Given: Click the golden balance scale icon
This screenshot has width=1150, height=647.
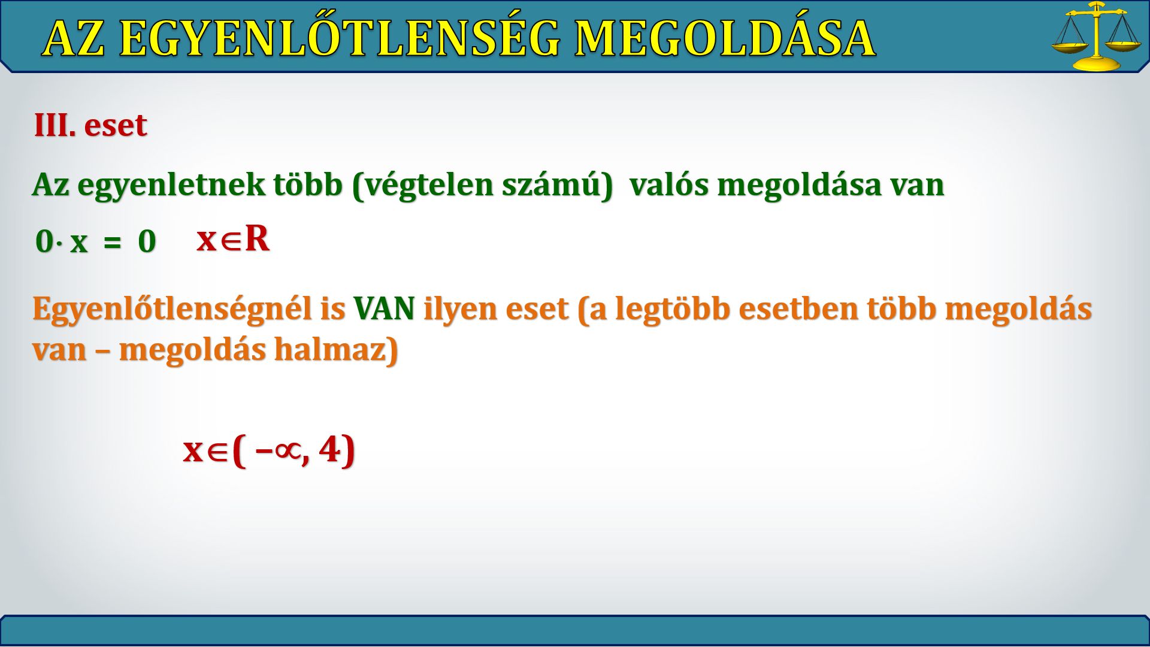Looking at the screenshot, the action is pos(1096,36).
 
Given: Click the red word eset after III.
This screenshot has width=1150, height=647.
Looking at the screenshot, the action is pos(116,126).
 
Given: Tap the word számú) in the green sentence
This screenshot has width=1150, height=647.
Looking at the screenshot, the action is pos(558,185).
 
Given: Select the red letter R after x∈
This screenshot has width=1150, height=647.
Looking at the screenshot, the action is pos(257,238).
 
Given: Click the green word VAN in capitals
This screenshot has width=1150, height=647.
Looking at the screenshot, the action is pos(384,309).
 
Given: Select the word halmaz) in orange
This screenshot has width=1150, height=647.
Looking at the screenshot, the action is pos(336,350).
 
